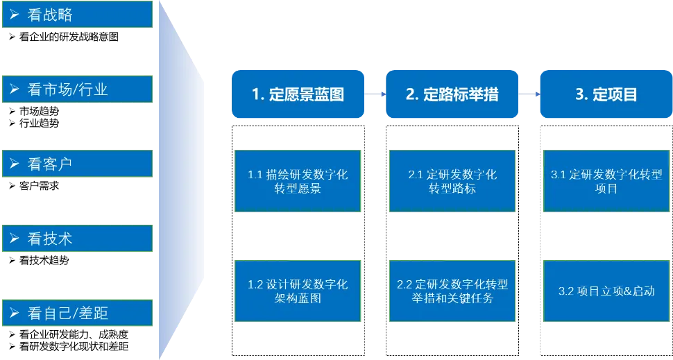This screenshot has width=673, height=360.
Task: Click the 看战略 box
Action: click(x=76, y=15)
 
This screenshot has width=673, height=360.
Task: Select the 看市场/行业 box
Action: click(x=76, y=89)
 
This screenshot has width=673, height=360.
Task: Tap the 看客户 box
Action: click(x=76, y=164)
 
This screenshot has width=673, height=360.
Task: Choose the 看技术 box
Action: click(x=76, y=239)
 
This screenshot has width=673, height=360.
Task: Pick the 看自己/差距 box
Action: click(x=76, y=313)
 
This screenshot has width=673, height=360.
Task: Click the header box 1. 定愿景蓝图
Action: click(x=298, y=94)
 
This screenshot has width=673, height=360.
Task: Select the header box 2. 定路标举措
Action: click(x=452, y=94)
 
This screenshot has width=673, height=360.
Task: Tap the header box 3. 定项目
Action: click(x=606, y=94)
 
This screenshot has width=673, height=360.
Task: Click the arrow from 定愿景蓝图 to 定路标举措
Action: click(x=375, y=94)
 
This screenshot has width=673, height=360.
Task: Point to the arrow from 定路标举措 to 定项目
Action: click(x=529, y=94)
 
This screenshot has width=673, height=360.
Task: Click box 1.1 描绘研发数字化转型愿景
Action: click(x=298, y=181)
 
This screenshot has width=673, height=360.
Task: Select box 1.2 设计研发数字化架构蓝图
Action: click(x=298, y=291)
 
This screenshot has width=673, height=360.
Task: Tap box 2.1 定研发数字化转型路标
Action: click(x=452, y=181)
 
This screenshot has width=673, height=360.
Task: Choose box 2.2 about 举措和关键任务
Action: click(x=452, y=291)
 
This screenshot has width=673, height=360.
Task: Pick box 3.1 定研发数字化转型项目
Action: click(x=606, y=181)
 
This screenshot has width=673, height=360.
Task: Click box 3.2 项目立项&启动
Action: click(x=606, y=291)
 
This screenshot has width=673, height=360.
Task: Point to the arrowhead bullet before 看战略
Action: click(x=14, y=15)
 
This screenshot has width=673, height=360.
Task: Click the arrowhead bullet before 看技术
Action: click(x=14, y=239)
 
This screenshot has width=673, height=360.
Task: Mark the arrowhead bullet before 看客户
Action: click(x=14, y=164)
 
